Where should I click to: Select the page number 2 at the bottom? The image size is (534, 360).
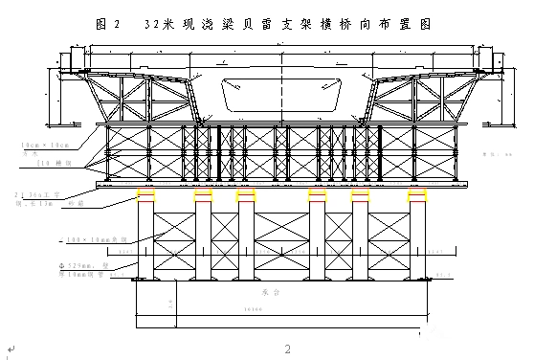click(x=286, y=347)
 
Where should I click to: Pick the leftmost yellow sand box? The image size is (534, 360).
click(x=147, y=195)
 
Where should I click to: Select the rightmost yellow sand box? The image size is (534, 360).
click(x=417, y=195)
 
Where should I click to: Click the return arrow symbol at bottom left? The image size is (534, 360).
click(x=9, y=349)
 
